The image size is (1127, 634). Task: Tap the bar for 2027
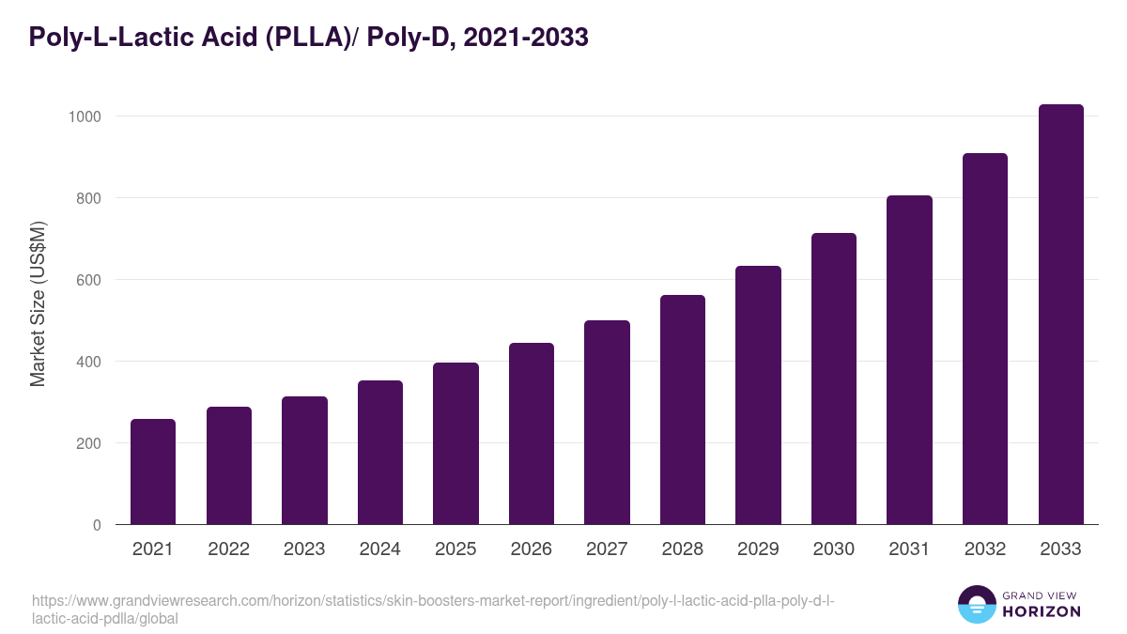[607, 423]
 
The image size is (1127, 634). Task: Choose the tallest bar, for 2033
[1060, 315]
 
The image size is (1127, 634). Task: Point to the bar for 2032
[984, 339]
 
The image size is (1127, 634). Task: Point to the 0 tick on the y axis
[97, 525]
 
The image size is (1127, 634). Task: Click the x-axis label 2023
[304, 549]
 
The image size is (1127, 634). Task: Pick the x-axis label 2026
[532, 549]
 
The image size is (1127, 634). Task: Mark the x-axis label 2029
[758, 549]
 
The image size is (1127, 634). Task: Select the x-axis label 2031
[909, 549]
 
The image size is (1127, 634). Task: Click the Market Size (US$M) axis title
[38, 304]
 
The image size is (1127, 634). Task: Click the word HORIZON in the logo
[1042, 611]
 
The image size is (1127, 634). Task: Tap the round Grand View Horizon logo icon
[976, 604]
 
